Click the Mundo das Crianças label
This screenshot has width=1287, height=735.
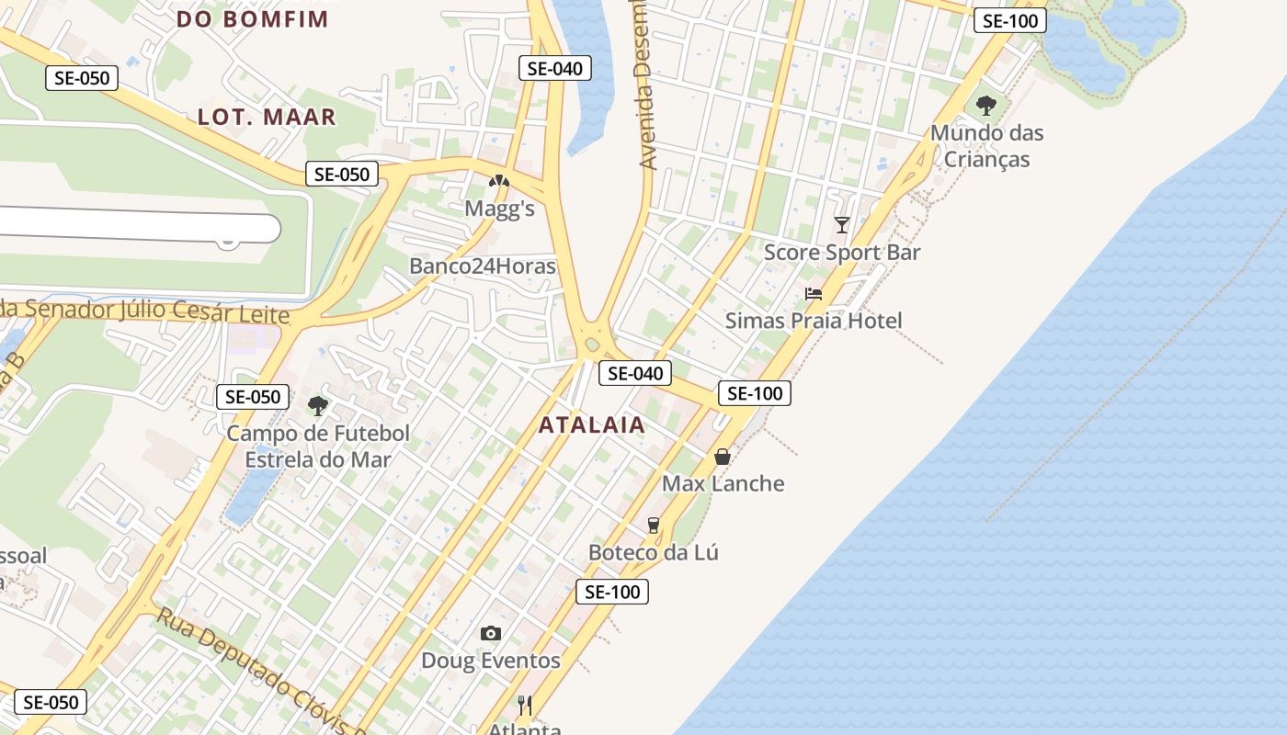pos(987,146)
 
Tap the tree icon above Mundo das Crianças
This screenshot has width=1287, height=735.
pos(986,106)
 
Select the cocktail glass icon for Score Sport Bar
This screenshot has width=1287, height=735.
pos(841,224)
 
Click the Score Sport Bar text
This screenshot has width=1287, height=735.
pos(842,253)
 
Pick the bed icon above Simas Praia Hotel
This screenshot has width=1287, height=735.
pos(814,294)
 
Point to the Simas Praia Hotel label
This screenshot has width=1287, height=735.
pos(814,321)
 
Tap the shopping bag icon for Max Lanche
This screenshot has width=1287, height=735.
pos(723,456)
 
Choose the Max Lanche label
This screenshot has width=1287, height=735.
pos(723,483)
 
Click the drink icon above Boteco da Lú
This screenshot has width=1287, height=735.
pos(654,525)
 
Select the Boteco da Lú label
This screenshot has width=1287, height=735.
pos(654,552)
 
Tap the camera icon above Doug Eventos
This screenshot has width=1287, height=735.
pos(491,633)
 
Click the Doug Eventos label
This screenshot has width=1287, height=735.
pos(491,661)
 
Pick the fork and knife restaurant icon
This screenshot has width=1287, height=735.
pos(525,705)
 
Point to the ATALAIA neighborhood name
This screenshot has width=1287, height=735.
pos(592,425)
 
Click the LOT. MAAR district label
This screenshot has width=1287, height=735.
pos(267,117)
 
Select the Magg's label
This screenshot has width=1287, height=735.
pos(499,209)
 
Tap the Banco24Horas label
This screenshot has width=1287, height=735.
pos(483,266)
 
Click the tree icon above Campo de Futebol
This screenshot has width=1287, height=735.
pos(318,405)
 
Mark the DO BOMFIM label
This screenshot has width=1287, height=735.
pos(252,18)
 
